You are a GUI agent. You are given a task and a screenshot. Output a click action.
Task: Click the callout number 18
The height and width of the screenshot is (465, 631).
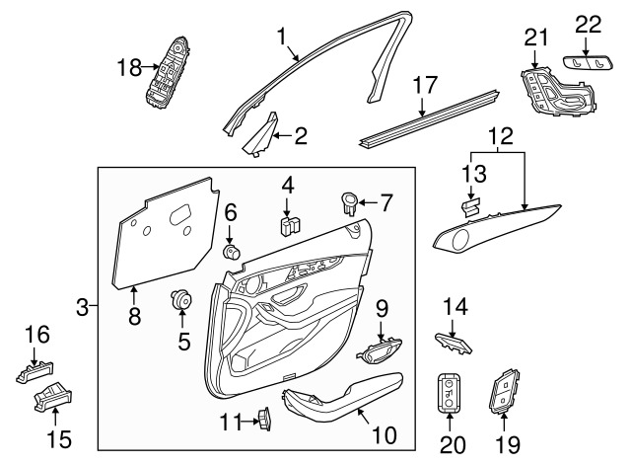[129, 67]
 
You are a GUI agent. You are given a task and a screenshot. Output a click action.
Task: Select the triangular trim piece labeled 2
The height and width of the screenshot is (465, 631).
[260, 135]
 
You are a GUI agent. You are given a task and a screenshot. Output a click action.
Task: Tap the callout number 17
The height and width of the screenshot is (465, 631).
[425, 85]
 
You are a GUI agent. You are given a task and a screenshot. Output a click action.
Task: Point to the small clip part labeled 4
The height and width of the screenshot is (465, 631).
[291, 226]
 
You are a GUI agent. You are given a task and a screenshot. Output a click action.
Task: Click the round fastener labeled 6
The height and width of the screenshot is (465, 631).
[232, 252]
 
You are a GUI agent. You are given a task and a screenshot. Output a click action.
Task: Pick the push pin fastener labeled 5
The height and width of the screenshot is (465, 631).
[180, 299]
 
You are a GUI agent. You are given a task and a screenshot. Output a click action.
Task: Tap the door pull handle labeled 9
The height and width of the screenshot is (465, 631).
[379, 350]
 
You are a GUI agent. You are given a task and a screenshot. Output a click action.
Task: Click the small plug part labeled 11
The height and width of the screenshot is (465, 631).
[264, 419]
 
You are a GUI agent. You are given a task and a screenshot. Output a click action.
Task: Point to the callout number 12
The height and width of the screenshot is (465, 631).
[501, 136]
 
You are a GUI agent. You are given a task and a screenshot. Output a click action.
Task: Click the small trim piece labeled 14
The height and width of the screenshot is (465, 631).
[454, 344]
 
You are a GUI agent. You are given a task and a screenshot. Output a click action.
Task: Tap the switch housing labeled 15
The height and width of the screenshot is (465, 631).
[52, 396]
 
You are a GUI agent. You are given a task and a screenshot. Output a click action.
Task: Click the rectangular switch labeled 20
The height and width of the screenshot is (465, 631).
[450, 393]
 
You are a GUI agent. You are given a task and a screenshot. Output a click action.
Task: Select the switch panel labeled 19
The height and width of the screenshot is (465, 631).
[505, 392]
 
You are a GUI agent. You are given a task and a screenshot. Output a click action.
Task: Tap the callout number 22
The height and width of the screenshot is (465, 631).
[588, 25]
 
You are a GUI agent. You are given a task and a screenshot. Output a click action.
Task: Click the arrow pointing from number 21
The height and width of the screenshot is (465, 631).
[534, 58]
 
